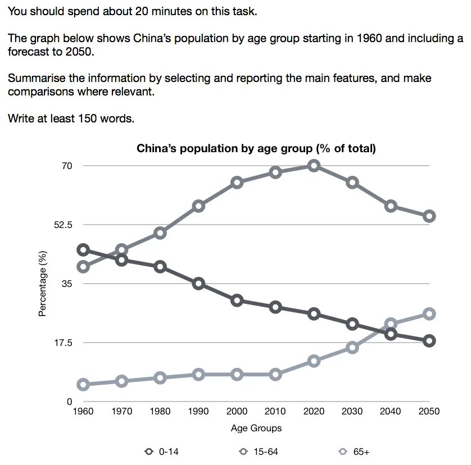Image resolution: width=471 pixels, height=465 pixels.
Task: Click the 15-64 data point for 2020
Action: tap(314, 166)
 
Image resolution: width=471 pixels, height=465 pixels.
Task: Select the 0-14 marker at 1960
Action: tap(83, 250)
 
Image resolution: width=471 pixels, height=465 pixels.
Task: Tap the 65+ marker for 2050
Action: tap(429, 314)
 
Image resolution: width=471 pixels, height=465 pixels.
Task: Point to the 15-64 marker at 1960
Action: tap(83, 267)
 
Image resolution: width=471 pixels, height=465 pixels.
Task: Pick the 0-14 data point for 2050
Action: tap(429, 341)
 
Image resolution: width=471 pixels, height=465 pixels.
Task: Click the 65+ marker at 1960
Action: tap(83, 385)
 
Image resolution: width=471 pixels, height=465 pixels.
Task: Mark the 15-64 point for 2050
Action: tap(429, 216)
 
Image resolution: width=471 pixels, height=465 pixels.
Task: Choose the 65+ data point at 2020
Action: tap(314, 361)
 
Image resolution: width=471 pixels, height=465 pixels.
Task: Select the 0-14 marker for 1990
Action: tap(198, 284)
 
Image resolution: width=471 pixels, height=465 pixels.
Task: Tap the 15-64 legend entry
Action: tap(259, 451)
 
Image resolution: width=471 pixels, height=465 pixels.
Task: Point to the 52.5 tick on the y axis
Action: tap(63, 225)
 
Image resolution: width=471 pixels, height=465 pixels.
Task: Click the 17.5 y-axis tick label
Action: tap(63, 343)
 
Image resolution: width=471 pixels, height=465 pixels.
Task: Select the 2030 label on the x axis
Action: tap(352, 412)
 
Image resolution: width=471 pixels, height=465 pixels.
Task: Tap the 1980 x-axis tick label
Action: tap(160, 412)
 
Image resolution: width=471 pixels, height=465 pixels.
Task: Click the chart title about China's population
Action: tap(256, 149)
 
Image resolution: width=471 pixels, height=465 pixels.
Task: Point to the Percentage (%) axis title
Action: tap(42, 284)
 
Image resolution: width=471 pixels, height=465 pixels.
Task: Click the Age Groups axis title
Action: tap(256, 428)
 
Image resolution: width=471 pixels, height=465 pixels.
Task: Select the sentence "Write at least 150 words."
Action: tap(71, 118)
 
